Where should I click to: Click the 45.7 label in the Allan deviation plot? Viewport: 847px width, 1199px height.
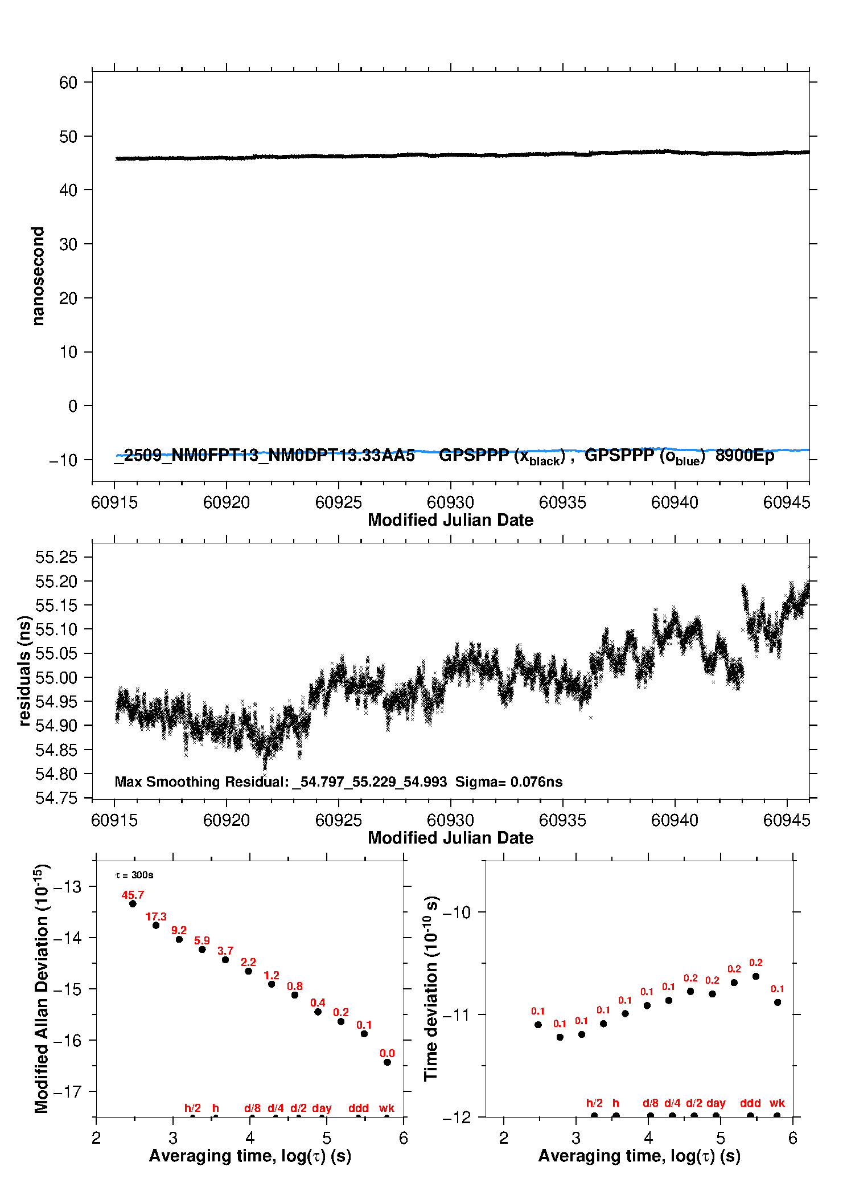133,895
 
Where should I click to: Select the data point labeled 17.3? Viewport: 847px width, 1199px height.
156,925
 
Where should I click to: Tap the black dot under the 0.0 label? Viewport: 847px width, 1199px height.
387,1062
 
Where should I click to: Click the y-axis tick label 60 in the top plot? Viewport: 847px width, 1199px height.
68,83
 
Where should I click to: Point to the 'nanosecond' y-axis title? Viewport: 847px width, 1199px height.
38,276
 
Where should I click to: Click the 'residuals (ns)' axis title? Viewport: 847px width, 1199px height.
24,670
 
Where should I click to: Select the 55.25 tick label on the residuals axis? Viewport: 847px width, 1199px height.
56,557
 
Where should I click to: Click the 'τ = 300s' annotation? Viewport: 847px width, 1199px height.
134,875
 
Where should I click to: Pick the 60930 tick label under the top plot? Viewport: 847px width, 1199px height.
450,502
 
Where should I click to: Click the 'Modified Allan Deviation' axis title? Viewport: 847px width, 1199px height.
42,988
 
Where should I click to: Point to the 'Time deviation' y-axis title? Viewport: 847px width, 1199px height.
431,988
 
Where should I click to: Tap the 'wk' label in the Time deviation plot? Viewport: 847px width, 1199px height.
777,1103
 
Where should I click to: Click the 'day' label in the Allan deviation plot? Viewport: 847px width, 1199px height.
322,1108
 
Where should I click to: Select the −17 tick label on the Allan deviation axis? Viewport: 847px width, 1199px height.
67,1092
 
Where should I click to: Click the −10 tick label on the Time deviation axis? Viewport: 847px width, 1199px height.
456,912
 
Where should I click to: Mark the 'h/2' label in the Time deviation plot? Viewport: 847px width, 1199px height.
594,1103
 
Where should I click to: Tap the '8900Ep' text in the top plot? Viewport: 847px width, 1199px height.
745,456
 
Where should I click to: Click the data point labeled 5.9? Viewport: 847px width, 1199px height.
202,949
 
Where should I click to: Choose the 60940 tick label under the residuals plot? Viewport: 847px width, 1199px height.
675,820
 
